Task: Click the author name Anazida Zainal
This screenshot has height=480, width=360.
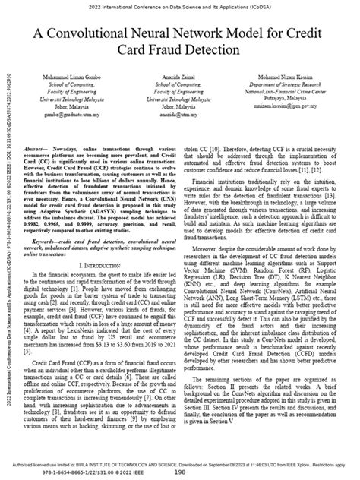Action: (180, 77)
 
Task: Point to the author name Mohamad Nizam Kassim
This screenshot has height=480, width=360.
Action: (294, 77)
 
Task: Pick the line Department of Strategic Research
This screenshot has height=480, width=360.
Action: (294, 85)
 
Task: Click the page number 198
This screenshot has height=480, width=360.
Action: (181, 471)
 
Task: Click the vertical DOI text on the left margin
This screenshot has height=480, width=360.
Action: (7, 251)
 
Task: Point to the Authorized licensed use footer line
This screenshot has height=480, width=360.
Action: (180, 462)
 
